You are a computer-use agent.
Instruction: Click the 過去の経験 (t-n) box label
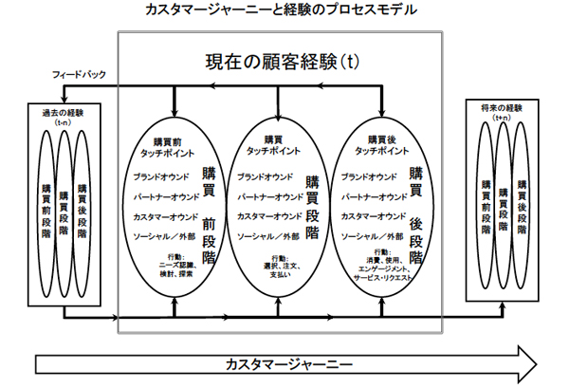coord(63,115)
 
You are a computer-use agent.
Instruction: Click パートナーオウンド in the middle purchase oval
coord(271,197)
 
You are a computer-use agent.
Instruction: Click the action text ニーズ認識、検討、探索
coord(174,268)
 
